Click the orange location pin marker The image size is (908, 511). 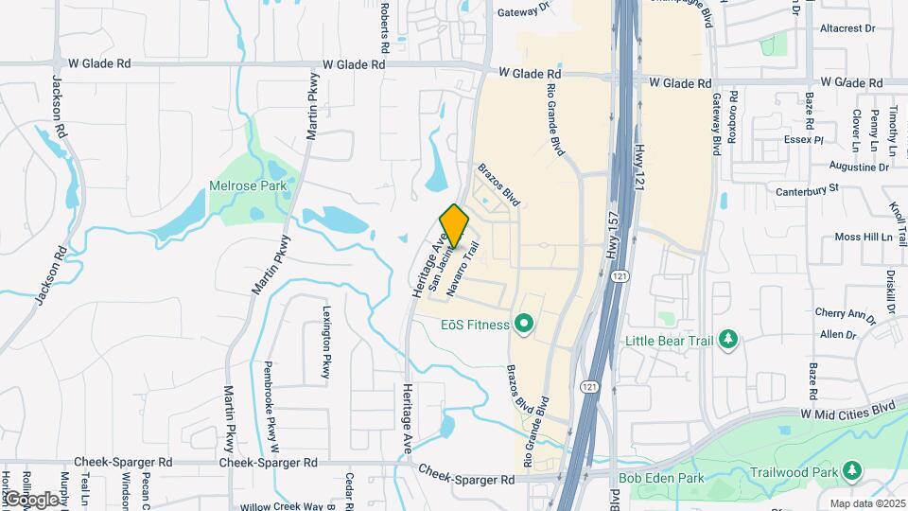[x=454, y=226]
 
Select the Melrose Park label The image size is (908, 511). [x=248, y=186]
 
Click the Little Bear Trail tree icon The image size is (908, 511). [x=727, y=340]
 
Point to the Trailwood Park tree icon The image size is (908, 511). [x=852, y=470]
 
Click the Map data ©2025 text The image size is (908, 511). [x=864, y=503]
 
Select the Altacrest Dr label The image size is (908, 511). [x=847, y=28]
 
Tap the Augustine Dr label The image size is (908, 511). [x=858, y=167]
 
